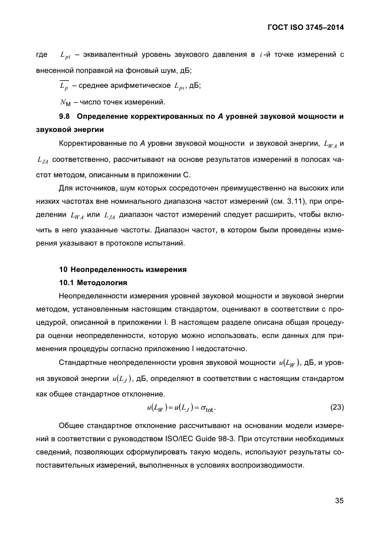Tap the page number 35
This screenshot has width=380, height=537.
click(x=339, y=500)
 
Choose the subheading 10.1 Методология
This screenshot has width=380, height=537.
click(x=93, y=283)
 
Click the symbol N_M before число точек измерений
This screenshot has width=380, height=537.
click(x=64, y=103)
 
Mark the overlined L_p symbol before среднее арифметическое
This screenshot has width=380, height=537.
click(x=64, y=85)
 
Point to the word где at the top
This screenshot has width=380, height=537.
click(x=41, y=55)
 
